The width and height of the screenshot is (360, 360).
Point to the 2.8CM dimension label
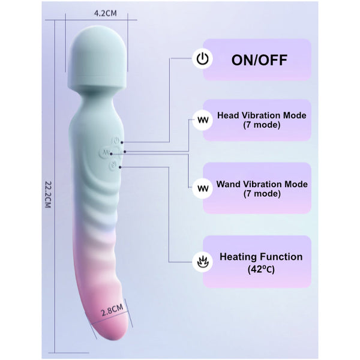pyautogui.click(x=112, y=310)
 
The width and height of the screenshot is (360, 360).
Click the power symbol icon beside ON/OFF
pyautogui.click(x=203, y=59)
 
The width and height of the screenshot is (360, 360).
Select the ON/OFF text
pyautogui.click(x=259, y=59)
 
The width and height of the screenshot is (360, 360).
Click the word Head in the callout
pyautogui.click(x=229, y=115)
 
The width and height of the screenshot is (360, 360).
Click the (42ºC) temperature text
pyautogui.click(x=261, y=270)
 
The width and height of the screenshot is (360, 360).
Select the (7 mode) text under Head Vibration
pyautogui.click(x=262, y=125)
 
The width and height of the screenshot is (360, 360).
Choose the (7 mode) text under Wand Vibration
pyautogui.click(x=262, y=194)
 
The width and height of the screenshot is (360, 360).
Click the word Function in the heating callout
pyautogui.click(x=283, y=257)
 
